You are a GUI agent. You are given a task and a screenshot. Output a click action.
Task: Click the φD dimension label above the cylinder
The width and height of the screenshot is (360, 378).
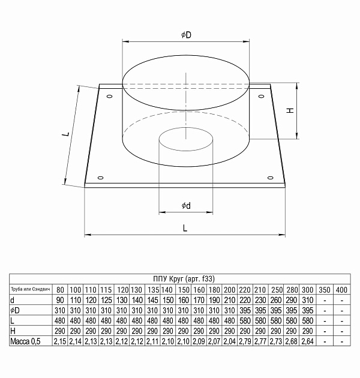pos(186,35)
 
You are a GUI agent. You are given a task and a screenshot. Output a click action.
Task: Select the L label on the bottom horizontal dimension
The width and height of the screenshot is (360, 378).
pos(185,228)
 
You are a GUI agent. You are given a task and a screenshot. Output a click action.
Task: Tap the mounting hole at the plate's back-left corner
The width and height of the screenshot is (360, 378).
pos(109,96)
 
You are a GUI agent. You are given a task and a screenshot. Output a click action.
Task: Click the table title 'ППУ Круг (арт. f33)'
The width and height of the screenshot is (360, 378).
pos(179,277)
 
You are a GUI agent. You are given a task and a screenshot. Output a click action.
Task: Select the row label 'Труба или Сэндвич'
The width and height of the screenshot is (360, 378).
pos(29,289)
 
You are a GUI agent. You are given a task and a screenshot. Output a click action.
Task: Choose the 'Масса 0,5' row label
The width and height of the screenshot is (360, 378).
pos(26,341)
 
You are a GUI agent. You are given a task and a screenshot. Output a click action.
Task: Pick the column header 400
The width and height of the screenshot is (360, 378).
pos(342,289)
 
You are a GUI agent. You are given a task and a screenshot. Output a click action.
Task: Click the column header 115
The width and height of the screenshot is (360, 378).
pos(107,289)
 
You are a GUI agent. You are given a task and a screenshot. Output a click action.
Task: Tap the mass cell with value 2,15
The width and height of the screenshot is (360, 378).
pos(60,341)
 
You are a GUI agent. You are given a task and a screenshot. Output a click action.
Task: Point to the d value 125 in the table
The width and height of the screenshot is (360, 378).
pos(107,299)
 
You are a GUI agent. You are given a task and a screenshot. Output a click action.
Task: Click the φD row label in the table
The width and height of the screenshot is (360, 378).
pos(16,310)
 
